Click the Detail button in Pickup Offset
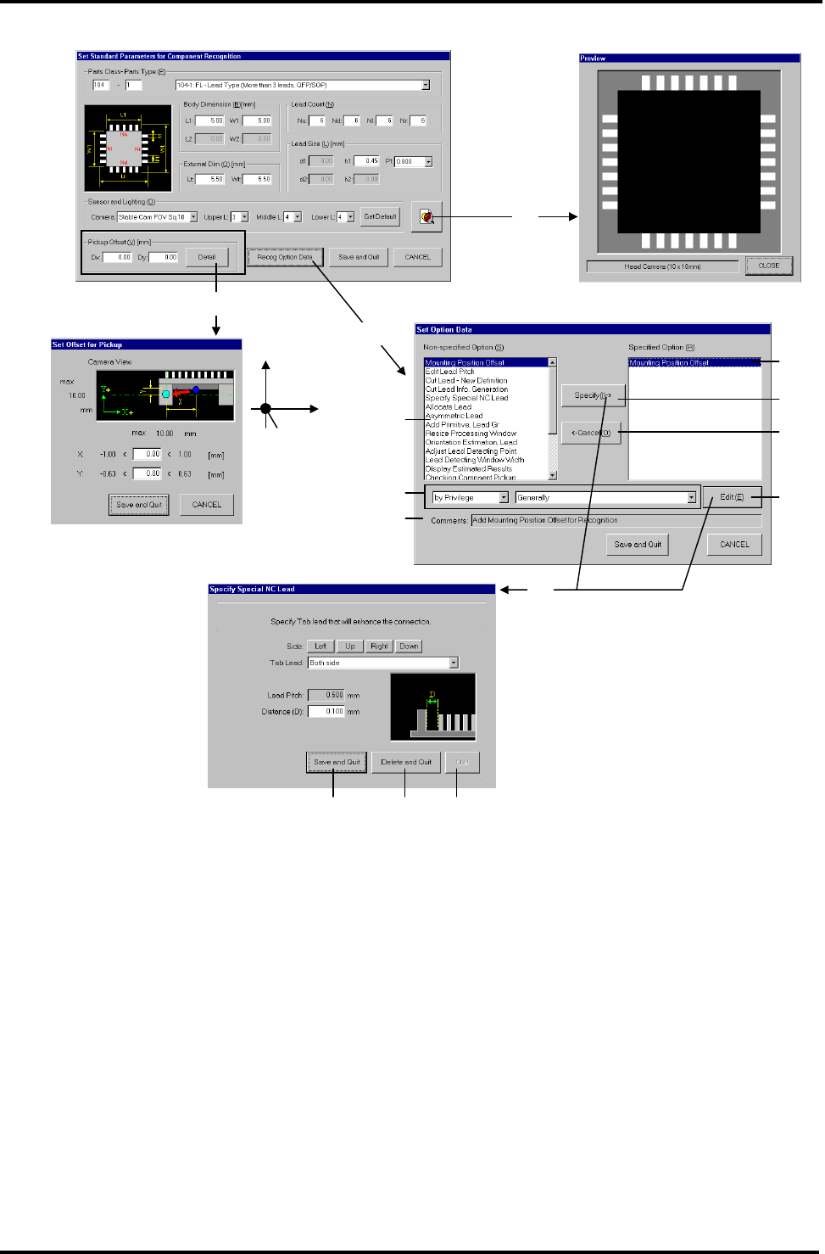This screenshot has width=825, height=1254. [207, 256]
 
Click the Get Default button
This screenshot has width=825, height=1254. [380, 216]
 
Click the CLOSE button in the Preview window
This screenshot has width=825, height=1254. [768, 266]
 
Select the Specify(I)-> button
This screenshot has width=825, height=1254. [592, 395]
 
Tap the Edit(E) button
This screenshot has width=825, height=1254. [731, 497]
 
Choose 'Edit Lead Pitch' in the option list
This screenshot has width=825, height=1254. [450, 372]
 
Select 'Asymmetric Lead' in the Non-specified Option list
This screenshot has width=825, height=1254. [454, 416]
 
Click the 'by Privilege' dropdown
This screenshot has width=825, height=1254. [470, 498]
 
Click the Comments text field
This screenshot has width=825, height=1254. [616, 520]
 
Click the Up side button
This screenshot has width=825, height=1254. [349, 647]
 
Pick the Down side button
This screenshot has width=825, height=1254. [409, 647]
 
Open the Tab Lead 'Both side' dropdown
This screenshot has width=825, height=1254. [382, 663]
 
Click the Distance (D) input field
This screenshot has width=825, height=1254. [326, 712]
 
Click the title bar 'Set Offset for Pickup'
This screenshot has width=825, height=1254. [146, 344]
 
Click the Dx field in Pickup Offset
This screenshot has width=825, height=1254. [118, 257]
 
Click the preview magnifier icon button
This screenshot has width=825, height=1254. [426, 216]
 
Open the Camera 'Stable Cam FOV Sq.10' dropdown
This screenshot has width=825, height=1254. [157, 217]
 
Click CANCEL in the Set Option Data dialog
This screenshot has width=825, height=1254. [734, 545]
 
